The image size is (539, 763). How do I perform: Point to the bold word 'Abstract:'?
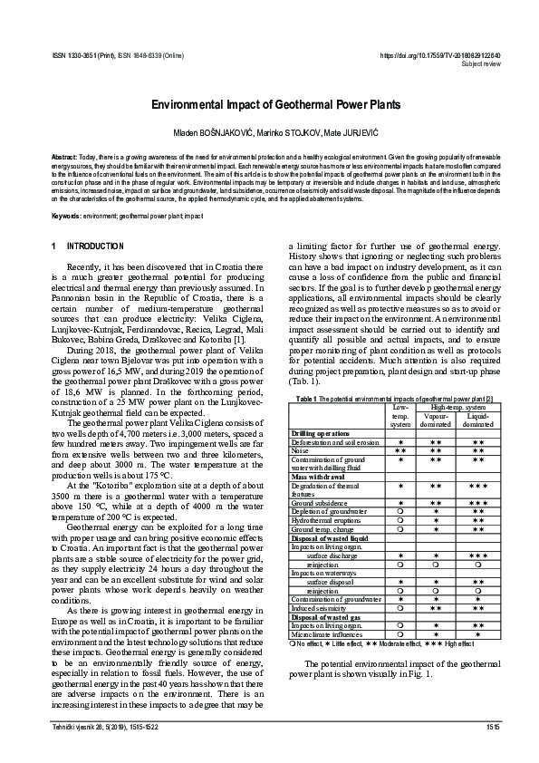pos(66,157)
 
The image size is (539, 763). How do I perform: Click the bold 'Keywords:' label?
pos(69,217)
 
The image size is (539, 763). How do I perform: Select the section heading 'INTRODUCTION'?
pos(95,246)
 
